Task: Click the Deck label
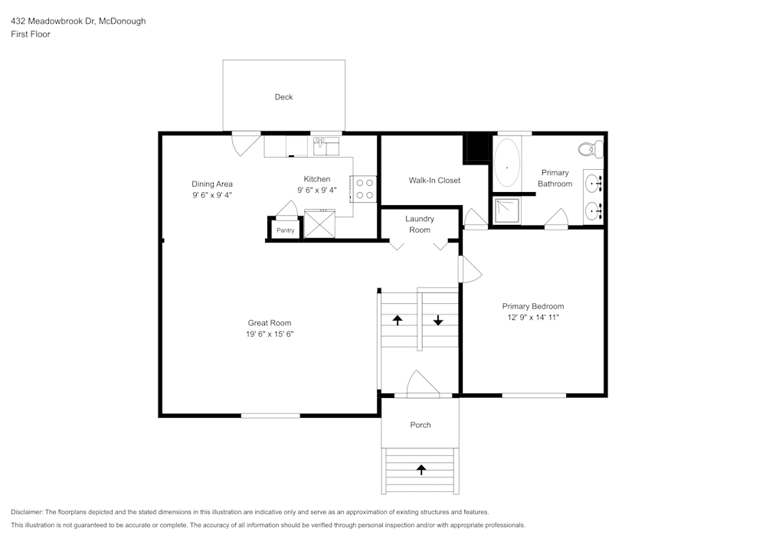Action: tap(283, 97)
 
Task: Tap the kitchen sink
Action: tap(326, 146)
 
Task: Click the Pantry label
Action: tap(285, 230)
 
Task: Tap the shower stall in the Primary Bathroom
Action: tap(507, 210)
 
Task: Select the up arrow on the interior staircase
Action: tap(398, 320)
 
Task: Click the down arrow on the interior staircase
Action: tap(438, 320)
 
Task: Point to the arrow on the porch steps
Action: tap(421, 470)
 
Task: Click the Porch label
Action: tap(420, 425)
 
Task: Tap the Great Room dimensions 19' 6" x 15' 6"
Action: tap(270, 334)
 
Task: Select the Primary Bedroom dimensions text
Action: tap(533, 318)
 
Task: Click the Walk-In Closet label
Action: tap(434, 181)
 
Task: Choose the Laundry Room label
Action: tap(420, 224)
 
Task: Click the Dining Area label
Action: tap(212, 184)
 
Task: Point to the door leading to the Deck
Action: tap(245, 142)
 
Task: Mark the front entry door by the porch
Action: tap(423, 384)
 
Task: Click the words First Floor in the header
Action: tap(31, 34)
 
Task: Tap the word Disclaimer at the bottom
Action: tap(27, 512)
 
